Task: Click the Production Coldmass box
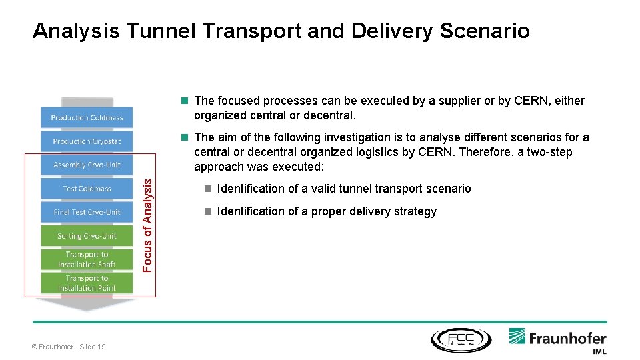click(87, 117)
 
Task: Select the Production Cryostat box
click(87, 141)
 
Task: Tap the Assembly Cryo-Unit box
click(87, 165)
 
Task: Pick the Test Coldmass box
click(87, 189)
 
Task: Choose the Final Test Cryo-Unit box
click(87, 212)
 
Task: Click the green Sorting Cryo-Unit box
click(87, 236)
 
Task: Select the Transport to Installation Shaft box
click(87, 259)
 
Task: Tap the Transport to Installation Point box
click(87, 283)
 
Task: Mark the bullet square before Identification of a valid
click(208, 189)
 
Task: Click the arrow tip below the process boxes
click(87, 307)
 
